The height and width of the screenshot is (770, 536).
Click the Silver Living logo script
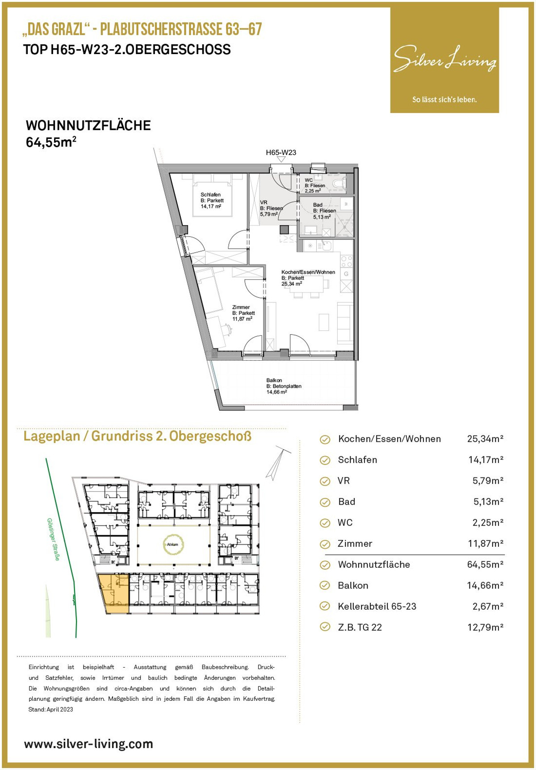(445, 59)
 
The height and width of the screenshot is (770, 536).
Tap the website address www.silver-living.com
(88, 744)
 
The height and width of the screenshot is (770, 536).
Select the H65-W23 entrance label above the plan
(281, 152)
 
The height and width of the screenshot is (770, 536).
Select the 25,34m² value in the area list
(485, 439)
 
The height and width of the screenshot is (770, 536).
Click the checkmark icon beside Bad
(325, 502)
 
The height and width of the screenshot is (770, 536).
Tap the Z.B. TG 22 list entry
(360, 627)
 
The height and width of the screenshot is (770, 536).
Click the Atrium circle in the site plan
(172, 544)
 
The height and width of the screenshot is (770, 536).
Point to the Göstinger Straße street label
(53, 539)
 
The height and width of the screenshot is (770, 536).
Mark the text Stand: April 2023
(50, 709)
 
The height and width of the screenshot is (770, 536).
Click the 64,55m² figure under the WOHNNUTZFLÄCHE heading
(51, 142)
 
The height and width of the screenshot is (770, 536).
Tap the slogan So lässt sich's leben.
(444, 100)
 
